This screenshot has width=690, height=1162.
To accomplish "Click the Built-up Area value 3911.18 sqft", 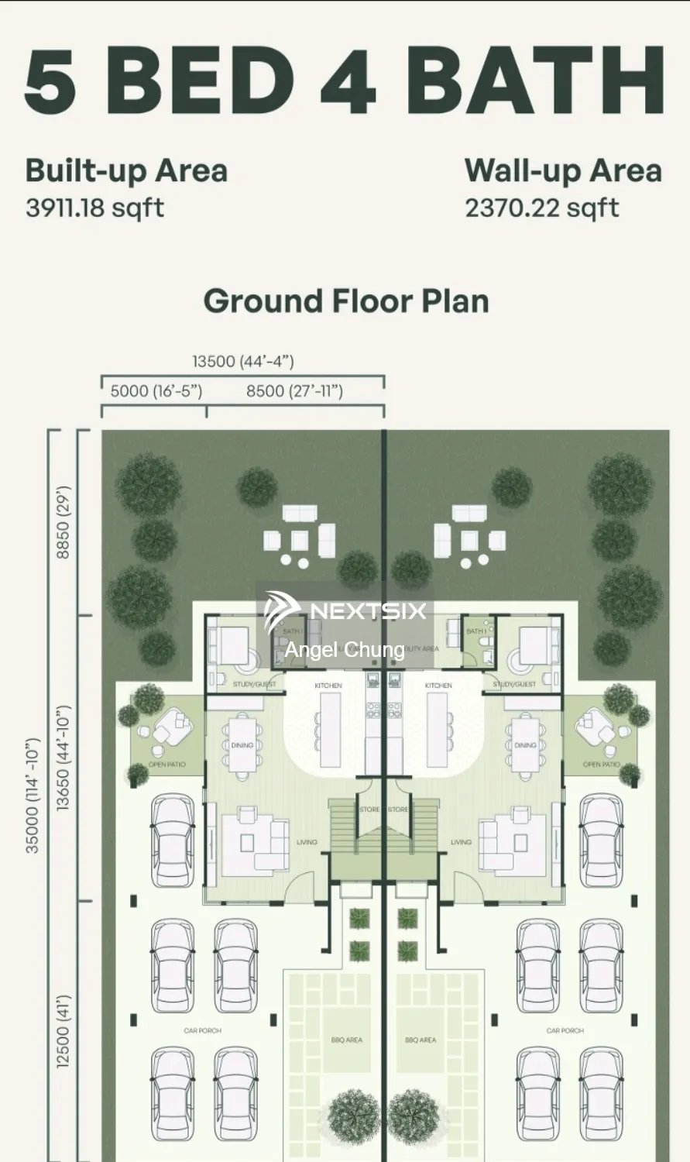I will [94, 208].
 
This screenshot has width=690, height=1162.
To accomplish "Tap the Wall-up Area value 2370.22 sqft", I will [541, 208].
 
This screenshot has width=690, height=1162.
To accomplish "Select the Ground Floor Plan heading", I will [345, 301].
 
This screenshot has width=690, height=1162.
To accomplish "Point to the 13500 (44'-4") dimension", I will [243, 361].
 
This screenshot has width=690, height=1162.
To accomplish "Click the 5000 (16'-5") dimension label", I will [156, 391].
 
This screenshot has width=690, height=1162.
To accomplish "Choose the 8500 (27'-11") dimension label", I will [294, 391].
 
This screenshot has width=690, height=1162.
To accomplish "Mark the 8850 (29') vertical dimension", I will [63, 522].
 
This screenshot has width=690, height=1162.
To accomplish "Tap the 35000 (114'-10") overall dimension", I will [33, 795].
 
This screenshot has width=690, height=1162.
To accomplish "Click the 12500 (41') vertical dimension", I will [63, 1031].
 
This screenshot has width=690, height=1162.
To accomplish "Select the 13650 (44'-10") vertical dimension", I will [63, 758].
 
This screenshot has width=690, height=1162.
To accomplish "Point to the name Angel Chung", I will [344, 649].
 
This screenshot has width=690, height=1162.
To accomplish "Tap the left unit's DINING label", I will [242, 745].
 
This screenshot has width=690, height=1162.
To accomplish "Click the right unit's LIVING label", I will [461, 842].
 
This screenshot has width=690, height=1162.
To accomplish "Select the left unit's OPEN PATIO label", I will [166, 765].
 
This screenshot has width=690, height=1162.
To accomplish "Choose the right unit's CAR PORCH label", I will [565, 1030].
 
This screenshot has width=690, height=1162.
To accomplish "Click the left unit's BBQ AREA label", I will [346, 1040].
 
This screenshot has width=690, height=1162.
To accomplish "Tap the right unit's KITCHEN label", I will [438, 686].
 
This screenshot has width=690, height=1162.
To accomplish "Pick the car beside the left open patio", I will [173, 841].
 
